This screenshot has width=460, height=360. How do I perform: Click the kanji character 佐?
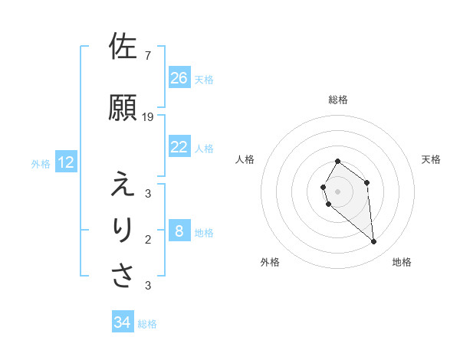[123, 47]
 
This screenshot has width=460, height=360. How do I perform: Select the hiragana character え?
[123, 185]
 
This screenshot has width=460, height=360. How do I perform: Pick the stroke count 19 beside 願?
[148, 117]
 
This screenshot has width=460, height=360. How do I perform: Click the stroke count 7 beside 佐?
[147, 56]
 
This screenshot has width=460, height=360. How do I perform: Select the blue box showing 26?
[179, 78]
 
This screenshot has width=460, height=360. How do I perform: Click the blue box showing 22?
[179, 147]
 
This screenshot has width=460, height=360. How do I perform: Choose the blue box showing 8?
[179, 231]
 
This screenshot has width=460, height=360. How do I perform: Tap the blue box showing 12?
[66, 162]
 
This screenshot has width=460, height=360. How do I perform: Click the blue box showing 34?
[123, 322]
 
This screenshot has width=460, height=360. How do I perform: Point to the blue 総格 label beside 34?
[147, 324]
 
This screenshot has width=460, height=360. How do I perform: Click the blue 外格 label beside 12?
[41, 163]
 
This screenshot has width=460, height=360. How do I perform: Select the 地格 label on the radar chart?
[402, 262]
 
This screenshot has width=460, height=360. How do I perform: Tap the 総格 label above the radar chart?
[338, 100]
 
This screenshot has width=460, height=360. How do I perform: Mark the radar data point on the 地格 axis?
[373, 242]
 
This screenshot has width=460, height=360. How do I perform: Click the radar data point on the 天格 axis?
[367, 182]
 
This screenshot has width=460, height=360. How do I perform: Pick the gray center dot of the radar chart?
[338, 191]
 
